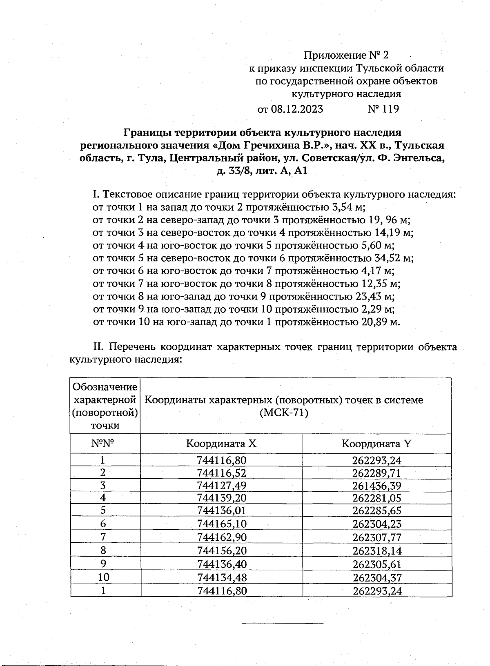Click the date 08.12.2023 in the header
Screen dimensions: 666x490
pyautogui.click(x=297, y=109)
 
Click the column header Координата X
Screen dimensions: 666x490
pyautogui.click(x=221, y=444)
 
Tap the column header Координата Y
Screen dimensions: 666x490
pyautogui.click(x=376, y=444)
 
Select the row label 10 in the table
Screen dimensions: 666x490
pyautogui.click(x=103, y=577)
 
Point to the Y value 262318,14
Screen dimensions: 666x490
pyautogui.click(x=377, y=551)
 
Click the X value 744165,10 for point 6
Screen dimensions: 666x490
pyautogui.click(x=222, y=524)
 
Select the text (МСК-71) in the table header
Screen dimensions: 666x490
pyautogui.click(x=284, y=413)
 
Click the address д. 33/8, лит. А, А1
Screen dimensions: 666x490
pyautogui.click(x=262, y=171)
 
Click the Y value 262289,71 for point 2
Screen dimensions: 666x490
pyautogui.click(x=377, y=473)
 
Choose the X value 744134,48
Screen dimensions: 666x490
pyautogui.click(x=222, y=577)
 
